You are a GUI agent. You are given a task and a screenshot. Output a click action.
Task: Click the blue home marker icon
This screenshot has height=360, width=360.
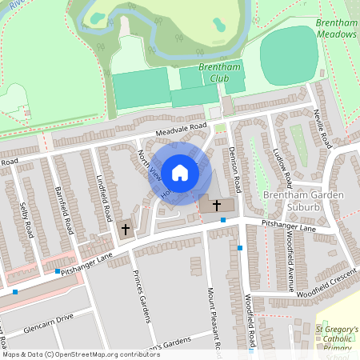(x=180, y=172)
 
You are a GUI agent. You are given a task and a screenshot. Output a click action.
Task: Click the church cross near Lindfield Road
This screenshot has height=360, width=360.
(x=125, y=230)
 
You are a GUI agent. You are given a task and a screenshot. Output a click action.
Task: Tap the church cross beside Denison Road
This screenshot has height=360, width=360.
(x=217, y=206)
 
